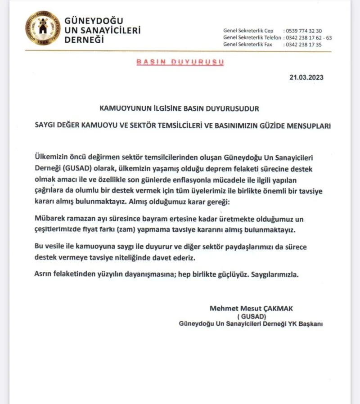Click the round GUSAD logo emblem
pos(43,28)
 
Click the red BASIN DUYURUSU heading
pos(180,63)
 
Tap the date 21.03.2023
pos(306,77)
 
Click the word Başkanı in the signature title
pos(310,323)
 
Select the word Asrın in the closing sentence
pos(44,274)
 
